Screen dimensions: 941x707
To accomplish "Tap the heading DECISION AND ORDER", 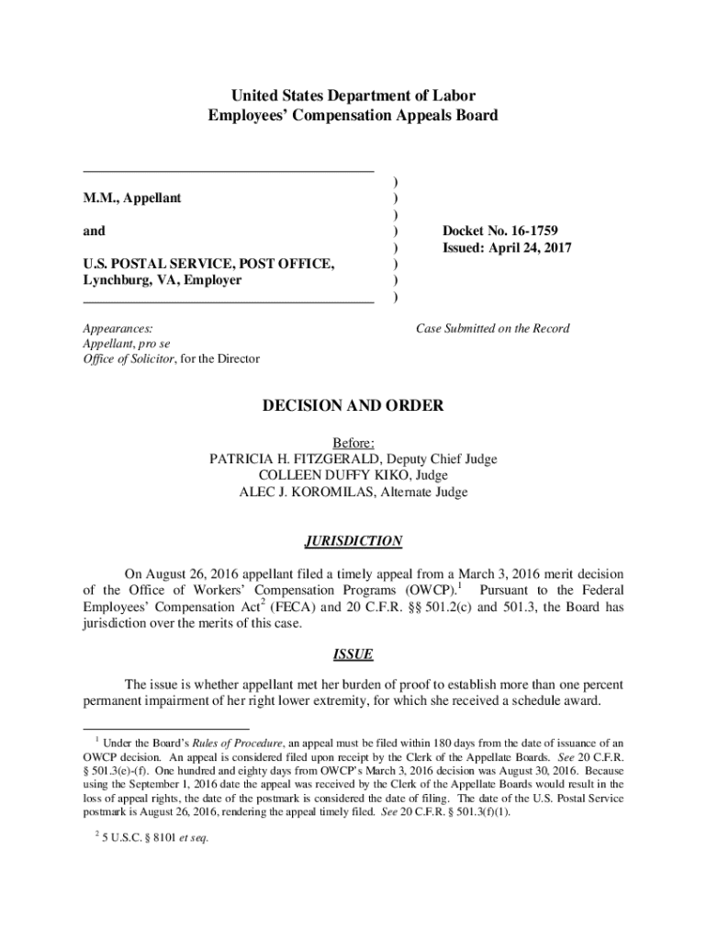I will pos(353,405).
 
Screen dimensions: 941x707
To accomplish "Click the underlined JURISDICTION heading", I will pos(353,541).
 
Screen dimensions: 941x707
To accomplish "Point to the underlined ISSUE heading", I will pos(353,655).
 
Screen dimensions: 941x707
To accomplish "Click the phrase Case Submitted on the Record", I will pos(492,328).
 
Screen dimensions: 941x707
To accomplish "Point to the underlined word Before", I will pos(353,443).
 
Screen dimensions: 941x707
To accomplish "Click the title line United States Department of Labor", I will pos(353,96).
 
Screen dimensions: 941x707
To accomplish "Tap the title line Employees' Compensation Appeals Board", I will pos(353,116).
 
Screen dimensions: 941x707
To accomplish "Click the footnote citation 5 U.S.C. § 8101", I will pos(135,837).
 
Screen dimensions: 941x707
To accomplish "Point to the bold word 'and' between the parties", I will pos(94,231).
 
